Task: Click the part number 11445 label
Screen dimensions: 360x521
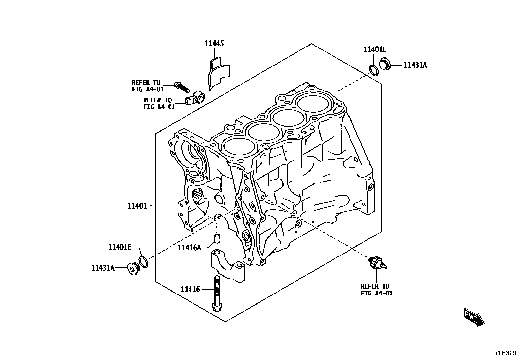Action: click(x=214, y=43)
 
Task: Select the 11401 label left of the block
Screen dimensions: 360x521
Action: click(x=137, y=206)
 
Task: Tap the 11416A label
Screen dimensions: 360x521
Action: click(x=189, y=248)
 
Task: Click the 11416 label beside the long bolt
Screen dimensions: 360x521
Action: click(x=190, y=289)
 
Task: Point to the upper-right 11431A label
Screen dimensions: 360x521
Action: click(x=415, y=65)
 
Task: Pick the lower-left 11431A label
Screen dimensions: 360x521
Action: click(x=103, y=268)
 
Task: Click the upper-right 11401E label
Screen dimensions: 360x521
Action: click(x=375, y=49)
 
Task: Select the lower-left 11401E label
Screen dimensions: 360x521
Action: click(x=120, y=247)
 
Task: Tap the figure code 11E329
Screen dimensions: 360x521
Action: click(x=505, y=353)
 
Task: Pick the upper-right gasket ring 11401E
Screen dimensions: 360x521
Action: click(x=373, y=69)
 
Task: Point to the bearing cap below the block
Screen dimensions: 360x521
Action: click(x=228, y=265)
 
